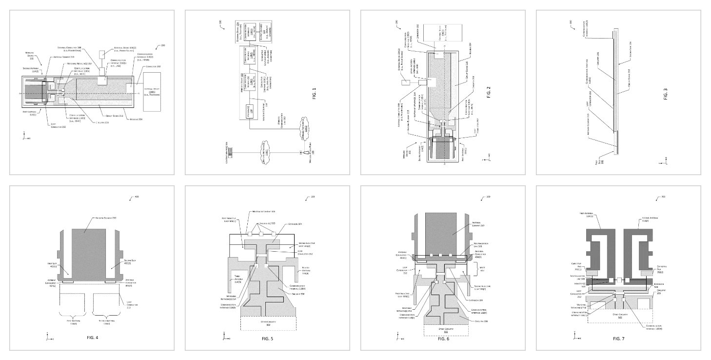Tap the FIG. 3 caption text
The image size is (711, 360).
point(665,94)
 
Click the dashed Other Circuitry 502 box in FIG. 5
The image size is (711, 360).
point(268,323)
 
